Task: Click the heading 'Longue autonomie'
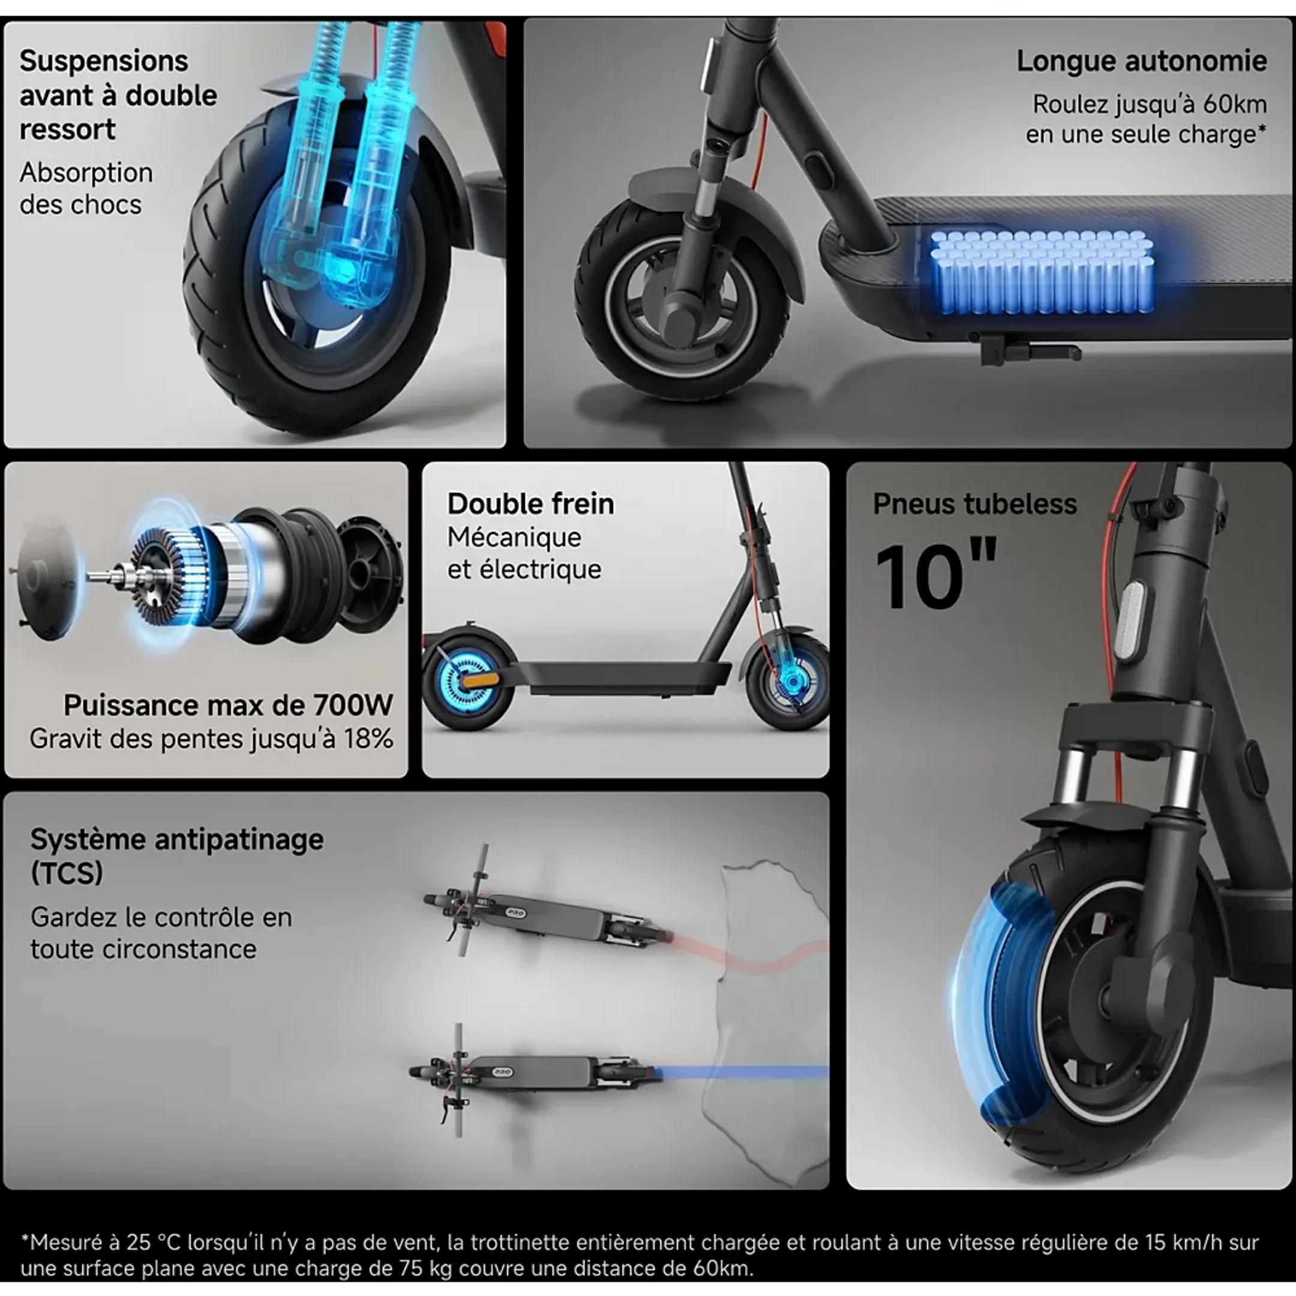coord(1141,61)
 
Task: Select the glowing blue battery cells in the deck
coord(1042,272)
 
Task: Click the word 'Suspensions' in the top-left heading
coord(104,61)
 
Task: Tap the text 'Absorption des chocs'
coord(86,188)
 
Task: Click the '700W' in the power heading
coord(353,705)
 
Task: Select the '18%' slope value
coord(368,739)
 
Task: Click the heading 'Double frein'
coord(530,504)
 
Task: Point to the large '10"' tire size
coord(935,575)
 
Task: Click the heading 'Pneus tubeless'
coord(974,504)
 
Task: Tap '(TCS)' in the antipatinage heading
coord(67,873)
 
